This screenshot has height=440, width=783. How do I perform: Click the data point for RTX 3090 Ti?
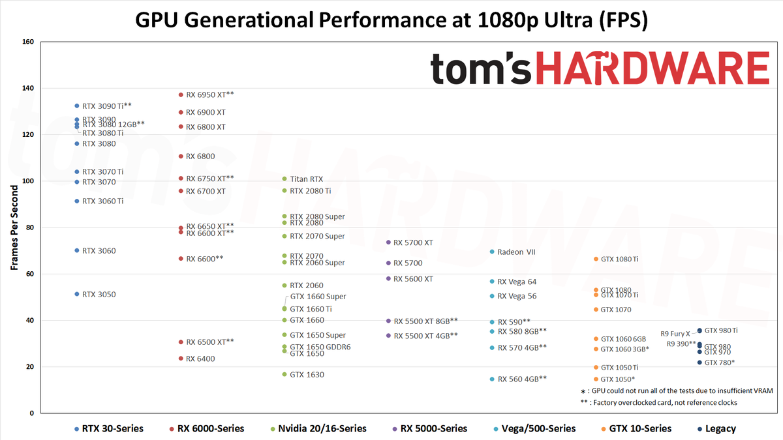(x=77, y=106)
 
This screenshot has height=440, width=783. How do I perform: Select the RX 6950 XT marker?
(x=181, y=95)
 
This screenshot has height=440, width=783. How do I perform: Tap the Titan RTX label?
(x=306, y=179)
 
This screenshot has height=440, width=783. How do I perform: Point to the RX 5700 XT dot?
(x=388, y=242)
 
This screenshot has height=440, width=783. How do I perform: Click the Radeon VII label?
(x=516, y=252)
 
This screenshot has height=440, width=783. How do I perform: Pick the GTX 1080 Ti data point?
(x=596, y=259)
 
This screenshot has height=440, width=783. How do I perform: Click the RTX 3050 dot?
(x=77, y=295)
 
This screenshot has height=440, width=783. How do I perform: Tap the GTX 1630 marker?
(x=284, y=375)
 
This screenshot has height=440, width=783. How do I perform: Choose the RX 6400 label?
(x=200, y=359)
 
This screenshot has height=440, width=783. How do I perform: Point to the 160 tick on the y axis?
(x=27, y=42)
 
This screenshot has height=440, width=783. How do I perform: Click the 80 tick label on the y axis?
(x=29, y=227)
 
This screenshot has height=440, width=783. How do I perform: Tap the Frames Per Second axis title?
(x=14, y=226)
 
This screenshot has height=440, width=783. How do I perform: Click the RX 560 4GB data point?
(x=492, y=379)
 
